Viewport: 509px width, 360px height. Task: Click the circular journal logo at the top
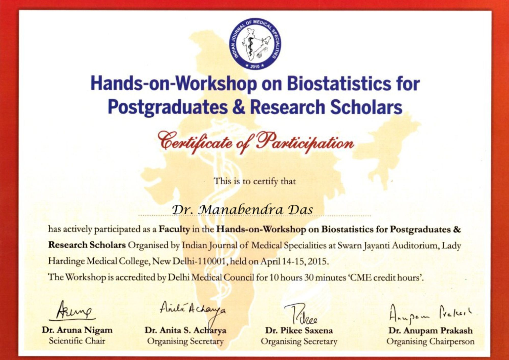tap(255, 44)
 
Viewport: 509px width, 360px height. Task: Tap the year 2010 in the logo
tap(255, 66)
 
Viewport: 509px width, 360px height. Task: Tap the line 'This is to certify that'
tap(255, 181)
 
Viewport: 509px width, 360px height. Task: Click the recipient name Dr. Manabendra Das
tap(242, 210)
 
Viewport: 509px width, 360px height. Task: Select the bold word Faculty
tap(174, 230)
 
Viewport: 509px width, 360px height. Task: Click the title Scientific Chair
tap(77, 341)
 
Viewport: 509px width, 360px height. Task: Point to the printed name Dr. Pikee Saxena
tap(299, 330)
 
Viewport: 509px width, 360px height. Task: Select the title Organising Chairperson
tap(430, 341)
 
